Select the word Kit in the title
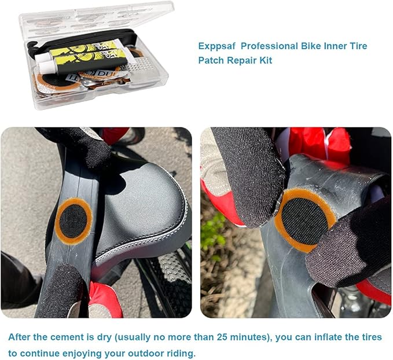pyautogui.click(x=263, y=60)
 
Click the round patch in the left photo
pyautogui.click(x=74, y=221)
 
